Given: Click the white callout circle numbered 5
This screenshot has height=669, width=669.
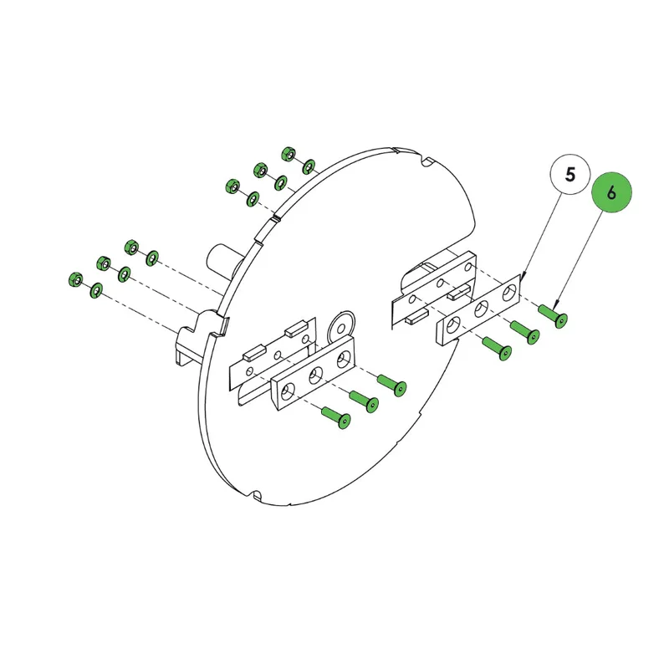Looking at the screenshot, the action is coord(570,175).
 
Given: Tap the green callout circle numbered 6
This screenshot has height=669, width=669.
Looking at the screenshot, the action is coord(611,193).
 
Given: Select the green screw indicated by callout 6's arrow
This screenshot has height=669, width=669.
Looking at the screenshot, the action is coord(554,316).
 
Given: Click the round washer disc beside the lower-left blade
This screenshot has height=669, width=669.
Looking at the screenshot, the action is coord(341,326).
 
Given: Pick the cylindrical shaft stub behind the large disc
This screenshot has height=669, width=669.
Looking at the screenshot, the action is coord(224,261).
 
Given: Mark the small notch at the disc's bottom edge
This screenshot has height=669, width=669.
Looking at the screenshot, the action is coord(257,495).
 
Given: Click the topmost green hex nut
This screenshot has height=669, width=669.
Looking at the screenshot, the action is coord(289,154).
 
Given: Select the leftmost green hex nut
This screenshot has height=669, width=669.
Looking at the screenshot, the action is coord(76,279).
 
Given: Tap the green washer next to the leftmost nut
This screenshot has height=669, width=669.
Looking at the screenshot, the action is coord(96,290).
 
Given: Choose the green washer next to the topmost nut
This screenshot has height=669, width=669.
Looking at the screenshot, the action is coord(309,166).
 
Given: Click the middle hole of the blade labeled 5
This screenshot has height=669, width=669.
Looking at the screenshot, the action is coord(482,309).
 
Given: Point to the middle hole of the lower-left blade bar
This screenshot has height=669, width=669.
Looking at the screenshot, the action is coord(316,375).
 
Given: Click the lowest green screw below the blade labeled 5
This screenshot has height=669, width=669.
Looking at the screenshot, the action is coord(497,348).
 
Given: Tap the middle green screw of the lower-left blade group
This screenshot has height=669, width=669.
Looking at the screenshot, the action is coord(364,401).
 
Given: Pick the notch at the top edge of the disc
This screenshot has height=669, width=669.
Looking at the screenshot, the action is coord(426,162).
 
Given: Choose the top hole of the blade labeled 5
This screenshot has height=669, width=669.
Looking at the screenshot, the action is coord(508,294).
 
